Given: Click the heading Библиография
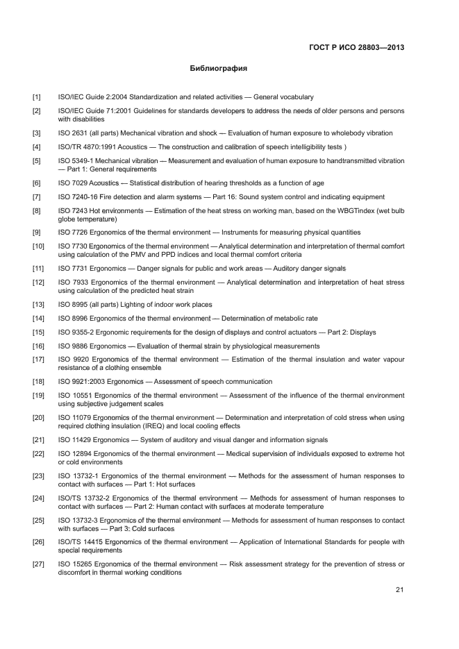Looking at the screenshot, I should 219,69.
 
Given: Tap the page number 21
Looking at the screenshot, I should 399,590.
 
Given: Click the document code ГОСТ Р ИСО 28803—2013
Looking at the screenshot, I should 356,48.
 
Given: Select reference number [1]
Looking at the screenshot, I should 36,97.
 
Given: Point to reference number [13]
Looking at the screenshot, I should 38,305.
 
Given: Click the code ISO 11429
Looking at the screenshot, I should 76,440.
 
